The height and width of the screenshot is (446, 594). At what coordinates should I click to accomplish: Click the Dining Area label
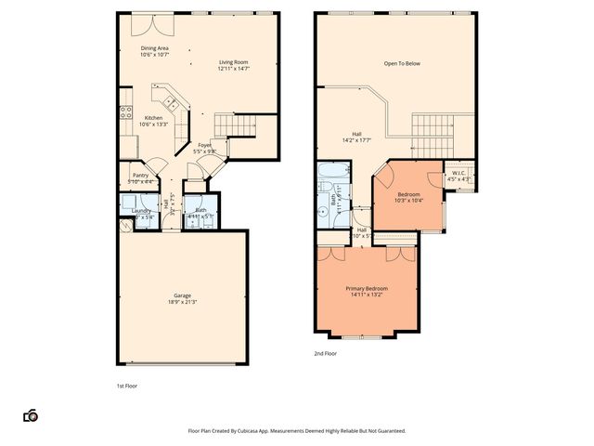[x=155, y=47]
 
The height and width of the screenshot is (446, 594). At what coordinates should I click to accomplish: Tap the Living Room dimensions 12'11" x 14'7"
[x=233, y=69]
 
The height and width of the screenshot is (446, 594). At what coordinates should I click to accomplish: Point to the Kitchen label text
[x=153, y=118]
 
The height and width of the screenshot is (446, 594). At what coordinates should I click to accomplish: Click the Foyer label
[x=204, y=145]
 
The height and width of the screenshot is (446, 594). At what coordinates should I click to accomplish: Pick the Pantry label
[x=140, y=175]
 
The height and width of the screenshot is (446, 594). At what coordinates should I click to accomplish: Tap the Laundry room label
[x=141, y=211]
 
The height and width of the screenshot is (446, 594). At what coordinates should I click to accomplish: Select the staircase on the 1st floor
[x=233, y=125]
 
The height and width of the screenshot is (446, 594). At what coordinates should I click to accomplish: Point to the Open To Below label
[x=402, y=64]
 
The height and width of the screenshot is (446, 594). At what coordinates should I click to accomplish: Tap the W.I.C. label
[x=458, y=173]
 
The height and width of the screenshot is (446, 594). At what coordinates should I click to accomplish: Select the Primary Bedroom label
[x=367, y=289]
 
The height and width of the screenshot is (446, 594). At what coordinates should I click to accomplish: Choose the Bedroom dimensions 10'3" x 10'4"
[x=408, y=201]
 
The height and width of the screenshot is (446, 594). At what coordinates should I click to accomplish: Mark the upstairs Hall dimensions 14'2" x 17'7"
[x=356, y=140]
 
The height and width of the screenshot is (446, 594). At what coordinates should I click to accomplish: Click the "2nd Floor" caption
[x=325, y=354]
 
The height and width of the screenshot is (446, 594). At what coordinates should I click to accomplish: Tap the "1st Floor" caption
[x=126, y=385]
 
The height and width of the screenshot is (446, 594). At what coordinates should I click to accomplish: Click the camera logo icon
[x=31, y=415]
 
